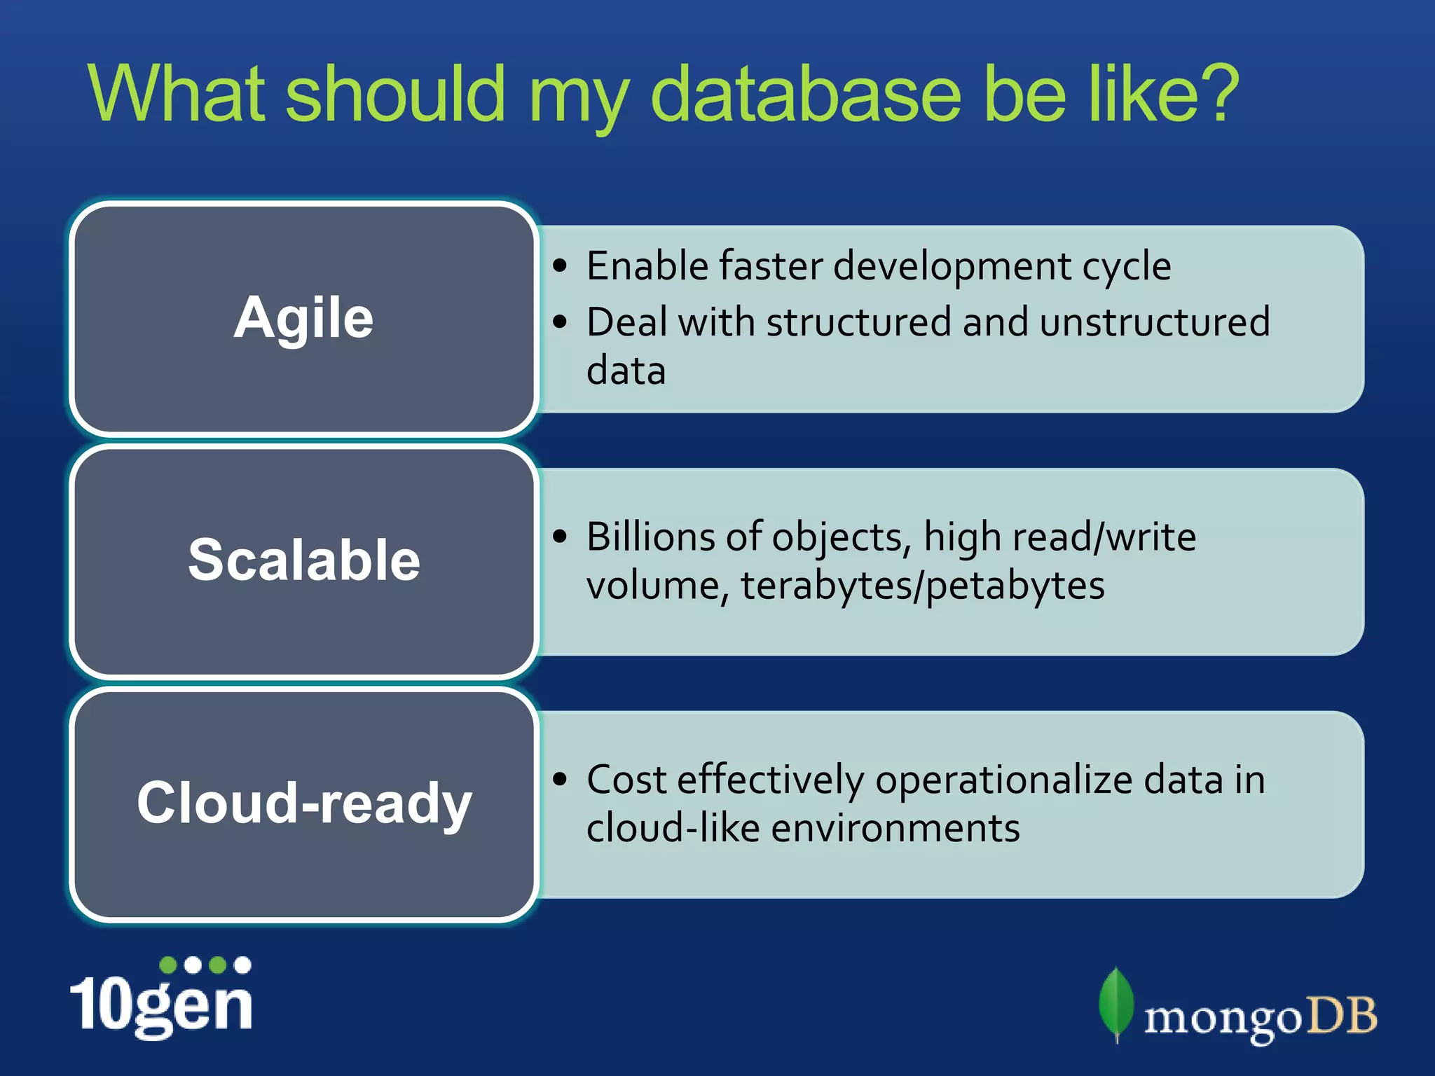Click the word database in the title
(806, 95)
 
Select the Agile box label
(303, 318)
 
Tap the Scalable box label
(303, 560)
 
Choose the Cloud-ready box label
(303, 803)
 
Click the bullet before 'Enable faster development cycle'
(559, 266)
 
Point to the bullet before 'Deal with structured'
(559, 322)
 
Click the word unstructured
(1154, 322)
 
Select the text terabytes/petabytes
(922, 586)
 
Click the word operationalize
(1003, 780)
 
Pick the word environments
(895, 828)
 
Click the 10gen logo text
(161, 1006)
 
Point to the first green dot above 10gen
(168, 965)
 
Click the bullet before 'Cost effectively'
(559, 780)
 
